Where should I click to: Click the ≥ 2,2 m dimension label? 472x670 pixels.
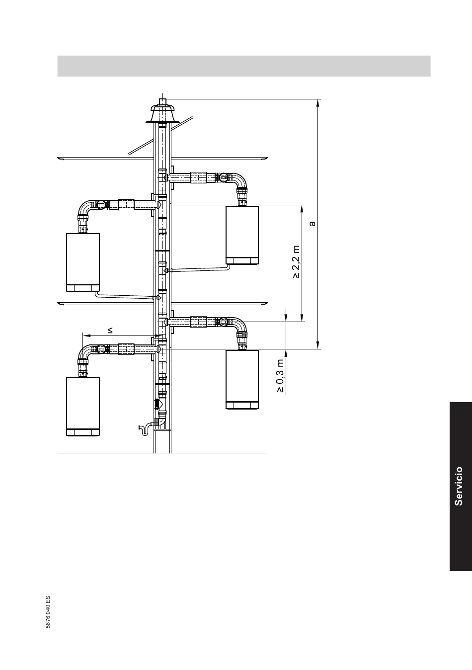click(x=296, y=262)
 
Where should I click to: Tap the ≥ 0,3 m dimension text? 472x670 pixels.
click(x=280, y=376)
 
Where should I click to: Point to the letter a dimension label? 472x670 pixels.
click(x=312, y=224)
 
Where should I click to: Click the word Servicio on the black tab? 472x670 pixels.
click(x=459, y=486)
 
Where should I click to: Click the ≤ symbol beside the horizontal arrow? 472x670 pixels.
click(x=110, y=330)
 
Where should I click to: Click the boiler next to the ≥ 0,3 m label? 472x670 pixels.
click(x=242, y=380)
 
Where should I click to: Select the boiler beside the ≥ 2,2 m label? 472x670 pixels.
click(x=242, y=235)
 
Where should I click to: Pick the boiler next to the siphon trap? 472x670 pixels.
click(x=83, y=407)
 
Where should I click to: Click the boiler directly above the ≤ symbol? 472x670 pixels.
click(x=83, y=262)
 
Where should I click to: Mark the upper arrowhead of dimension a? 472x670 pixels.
click(x=318, y=102)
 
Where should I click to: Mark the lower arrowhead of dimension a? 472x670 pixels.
click(x=318, y=345)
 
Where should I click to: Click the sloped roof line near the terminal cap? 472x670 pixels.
click(x=160, y=136)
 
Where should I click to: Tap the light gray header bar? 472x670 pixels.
click(x=244, y=66)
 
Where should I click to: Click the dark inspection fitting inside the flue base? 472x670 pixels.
click(x=157, y=404)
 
